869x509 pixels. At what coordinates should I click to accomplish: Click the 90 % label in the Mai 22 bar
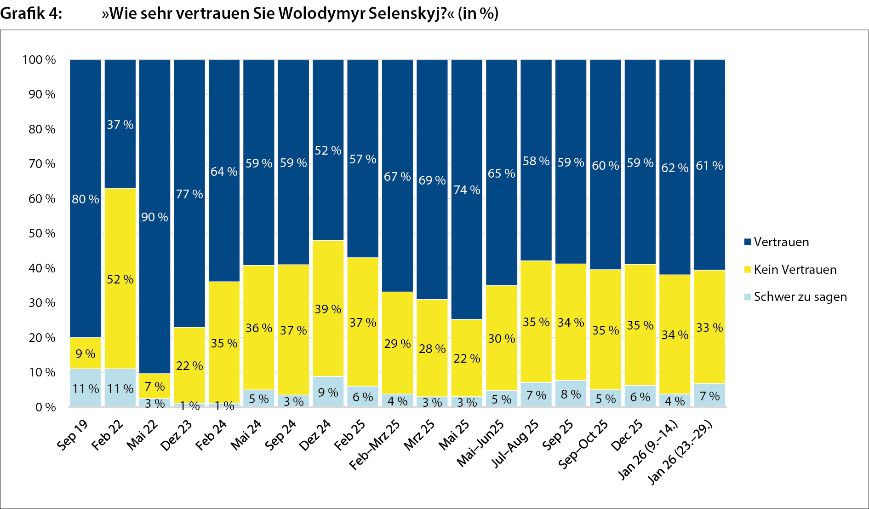coord(154,217)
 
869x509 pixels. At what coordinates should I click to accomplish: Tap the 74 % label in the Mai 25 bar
coord(467,190)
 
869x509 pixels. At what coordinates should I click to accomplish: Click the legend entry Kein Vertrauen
coord(795,270)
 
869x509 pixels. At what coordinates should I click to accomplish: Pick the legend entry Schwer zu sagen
coord(800,297)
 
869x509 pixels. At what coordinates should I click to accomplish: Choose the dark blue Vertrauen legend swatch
coord(748,242)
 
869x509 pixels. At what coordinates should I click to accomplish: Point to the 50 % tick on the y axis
coord(42,233)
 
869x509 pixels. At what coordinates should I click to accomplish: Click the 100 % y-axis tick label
coord(39,60)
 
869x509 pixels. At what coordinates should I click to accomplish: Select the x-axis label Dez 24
coord(315,435)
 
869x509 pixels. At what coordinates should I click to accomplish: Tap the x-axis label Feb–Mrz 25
coord(375,445)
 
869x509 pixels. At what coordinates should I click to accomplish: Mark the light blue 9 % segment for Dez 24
coord(328,392)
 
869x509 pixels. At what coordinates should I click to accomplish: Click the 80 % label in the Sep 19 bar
coord(86,199)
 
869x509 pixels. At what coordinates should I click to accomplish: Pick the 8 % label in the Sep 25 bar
coord(571,394)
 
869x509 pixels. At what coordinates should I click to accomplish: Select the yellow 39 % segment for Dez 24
coord(328,309)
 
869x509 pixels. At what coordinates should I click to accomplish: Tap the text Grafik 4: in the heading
coord(31,13)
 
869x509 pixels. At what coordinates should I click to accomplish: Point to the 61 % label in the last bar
coord(709,166)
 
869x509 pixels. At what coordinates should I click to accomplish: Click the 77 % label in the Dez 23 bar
coord(189,194)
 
